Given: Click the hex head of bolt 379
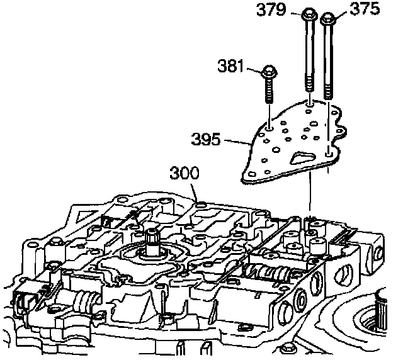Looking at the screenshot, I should (x=310, y=13).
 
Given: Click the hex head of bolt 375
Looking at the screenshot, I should (x=328, y=18).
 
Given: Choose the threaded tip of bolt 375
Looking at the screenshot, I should (x=328, y=91).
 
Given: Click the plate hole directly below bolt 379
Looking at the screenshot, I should (x=310, y=103).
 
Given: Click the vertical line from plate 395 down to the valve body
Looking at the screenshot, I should (x=310, y=195).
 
